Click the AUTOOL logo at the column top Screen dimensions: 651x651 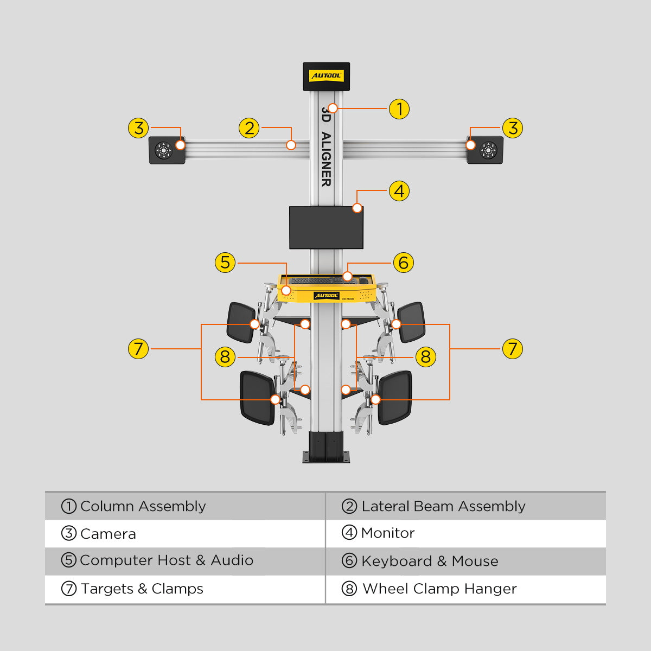coord(326,76)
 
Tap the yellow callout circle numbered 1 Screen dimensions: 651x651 coord(399,108)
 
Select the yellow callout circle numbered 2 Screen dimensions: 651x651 coord(249,129)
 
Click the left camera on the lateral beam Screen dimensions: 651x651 coord(164,150)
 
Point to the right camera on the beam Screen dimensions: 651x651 coord(488,150)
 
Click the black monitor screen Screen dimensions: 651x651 coord(326,227)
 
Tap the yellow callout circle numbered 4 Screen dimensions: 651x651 coord(399,191)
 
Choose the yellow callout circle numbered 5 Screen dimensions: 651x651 coord(225,263)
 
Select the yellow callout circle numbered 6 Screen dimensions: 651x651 coord(403,263)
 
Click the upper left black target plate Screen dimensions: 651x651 coord(241,322)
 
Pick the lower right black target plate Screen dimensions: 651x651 coord(395,398)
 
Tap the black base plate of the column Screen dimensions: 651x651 coord(326,459)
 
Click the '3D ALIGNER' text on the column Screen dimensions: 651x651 coord(325,146)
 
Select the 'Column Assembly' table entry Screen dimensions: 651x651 coord(143,506)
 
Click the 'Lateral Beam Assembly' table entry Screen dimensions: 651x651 coord(443,506)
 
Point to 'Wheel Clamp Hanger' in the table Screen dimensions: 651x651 coord(439,589)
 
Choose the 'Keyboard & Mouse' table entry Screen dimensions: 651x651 coord(429,561)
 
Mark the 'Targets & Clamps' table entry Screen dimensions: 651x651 coord(142,589)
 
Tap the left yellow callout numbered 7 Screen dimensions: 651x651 coord(138,349)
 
